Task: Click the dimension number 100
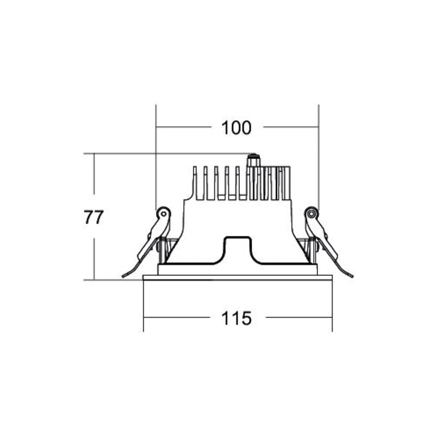click(x=236, y=128)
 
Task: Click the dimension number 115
click(x=236, y=318)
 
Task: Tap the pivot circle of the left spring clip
click(x=163, y=214)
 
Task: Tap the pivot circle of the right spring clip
click(x=311, y=214)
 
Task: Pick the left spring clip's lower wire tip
click(x=122, y=277)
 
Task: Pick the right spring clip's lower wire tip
click(x=352, y=277)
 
